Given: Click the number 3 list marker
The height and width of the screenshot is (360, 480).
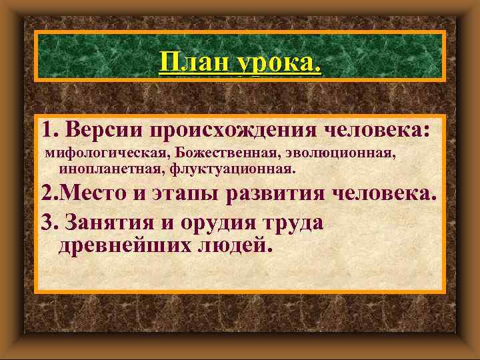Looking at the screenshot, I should (47, 222).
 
